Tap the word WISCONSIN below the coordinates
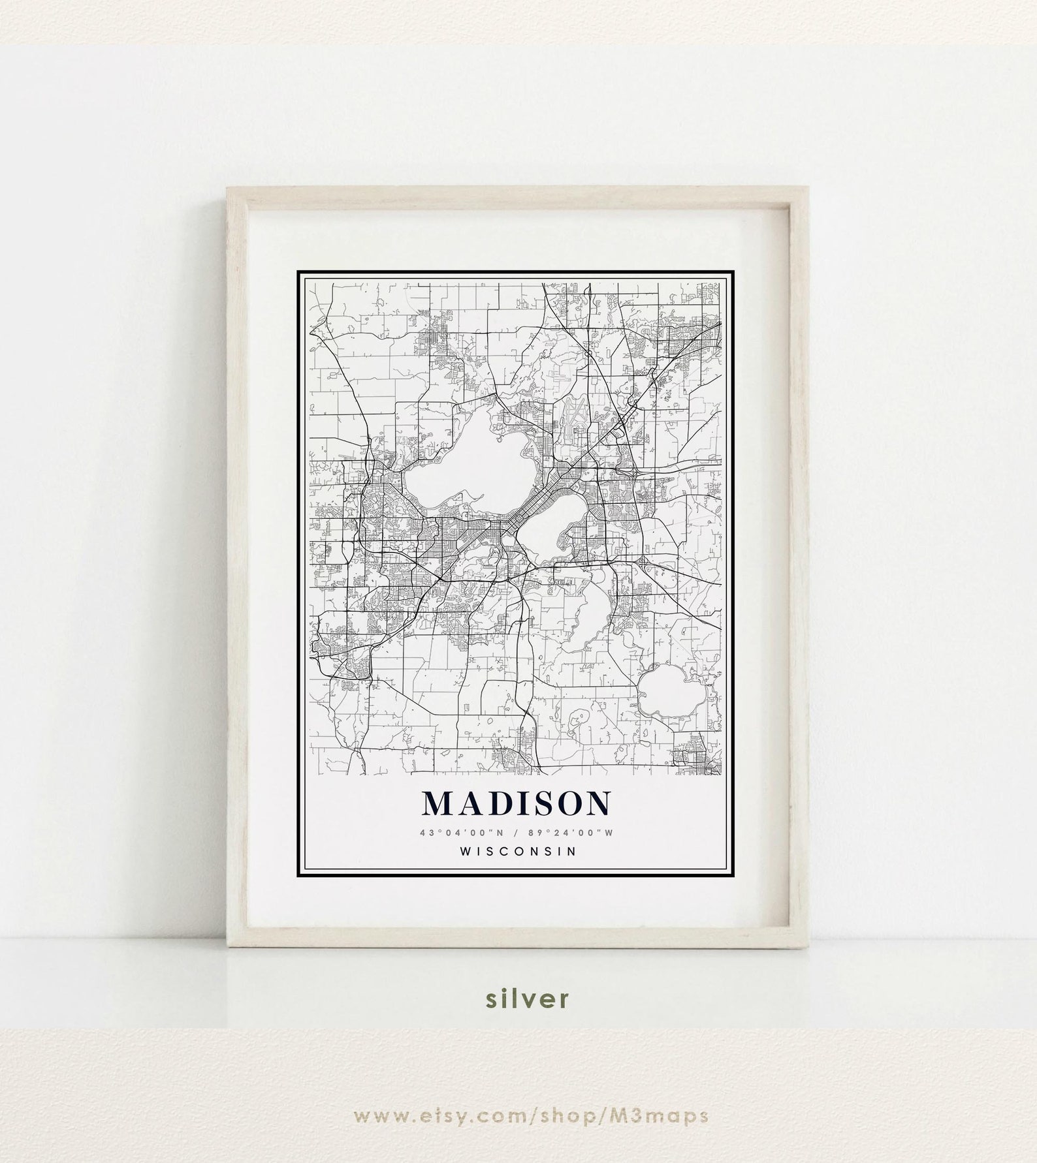pos(518,851)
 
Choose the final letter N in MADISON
pos(598,804)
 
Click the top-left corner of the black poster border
pos(298,272)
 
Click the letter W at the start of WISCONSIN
pos(464,851)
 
